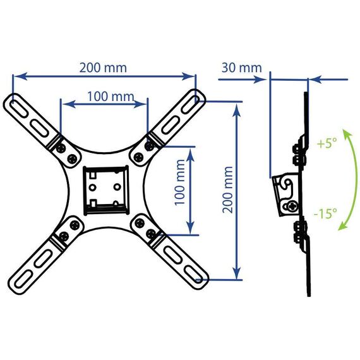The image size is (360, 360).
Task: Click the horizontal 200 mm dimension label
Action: pyautogui.click(x=103, y=68)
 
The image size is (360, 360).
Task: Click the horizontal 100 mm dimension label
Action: pyautogui.click(x=111, y=97)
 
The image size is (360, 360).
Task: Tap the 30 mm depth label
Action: pyautogui.click(x=241, y=68)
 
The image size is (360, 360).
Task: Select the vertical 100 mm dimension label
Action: pyautogui.click(x=180, y=182)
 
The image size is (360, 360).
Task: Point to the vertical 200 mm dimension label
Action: pyautogui.click(x=228, y=190)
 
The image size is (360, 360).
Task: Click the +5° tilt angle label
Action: pyautogui.click(x=327, y=143)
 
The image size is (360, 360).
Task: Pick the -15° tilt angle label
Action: pyautogui.click(x=325, y=213)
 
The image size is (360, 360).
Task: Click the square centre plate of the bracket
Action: pyautogui.click(x=106, y=190)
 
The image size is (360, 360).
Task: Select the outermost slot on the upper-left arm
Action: pyautogui.click(x=18, y=108)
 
